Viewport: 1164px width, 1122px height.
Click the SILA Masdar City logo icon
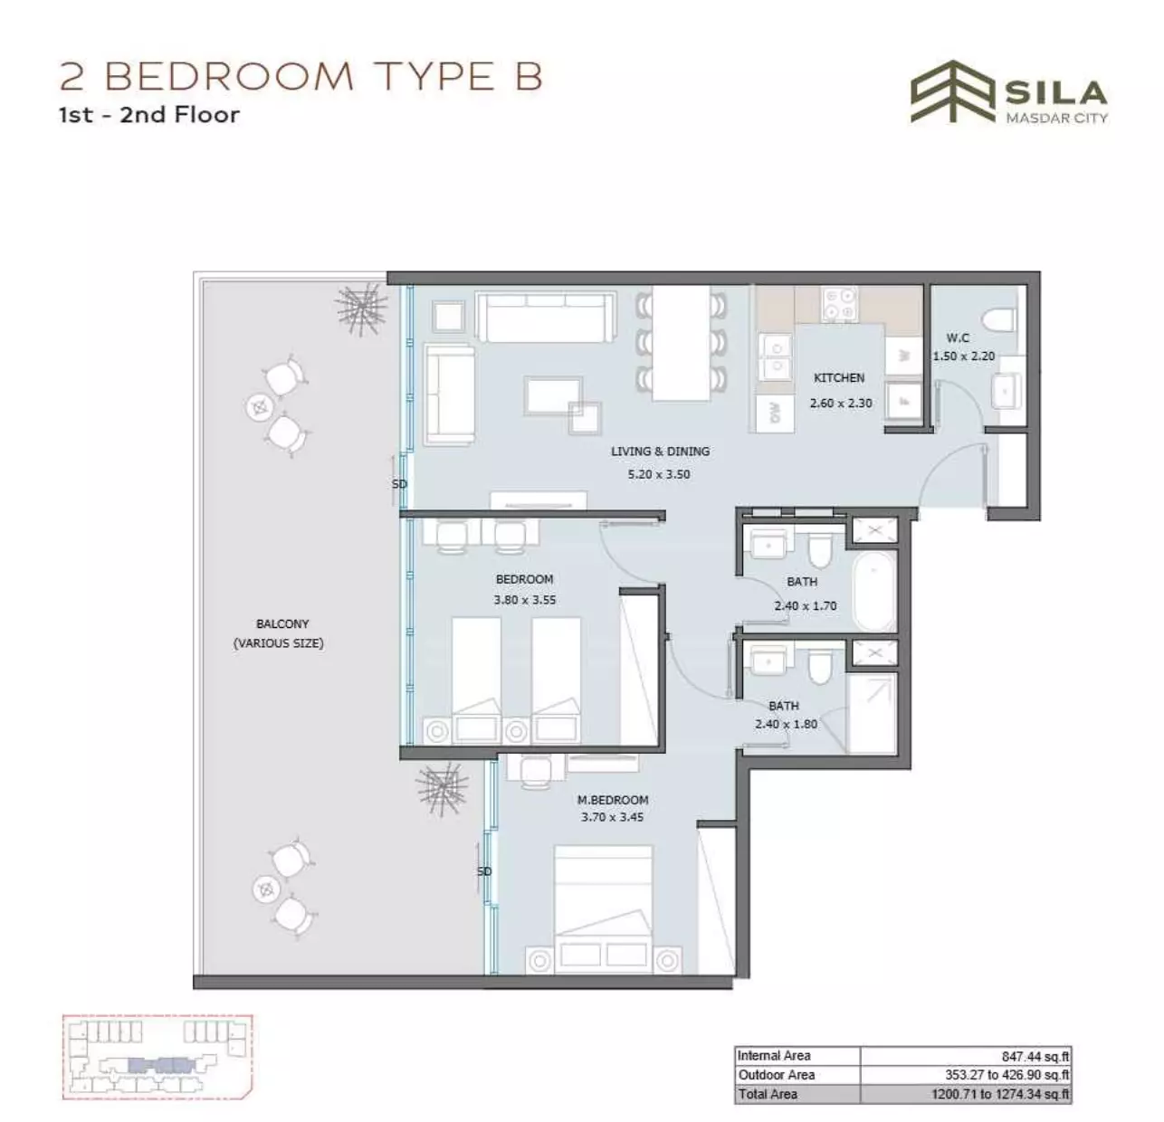[x=952, y=91]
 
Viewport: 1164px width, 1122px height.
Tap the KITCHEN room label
[x=839, y=378]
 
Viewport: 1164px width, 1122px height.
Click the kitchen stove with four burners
[x=839, y=304]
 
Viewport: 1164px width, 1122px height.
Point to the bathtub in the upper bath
[x=873, y=590]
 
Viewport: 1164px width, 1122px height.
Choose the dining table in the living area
[x=681, y=343]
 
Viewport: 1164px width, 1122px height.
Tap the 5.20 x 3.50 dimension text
[x=659, y=474]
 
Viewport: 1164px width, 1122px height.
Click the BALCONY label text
[x=282, y=623]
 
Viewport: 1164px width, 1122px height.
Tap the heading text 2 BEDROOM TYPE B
[x=301, y=77]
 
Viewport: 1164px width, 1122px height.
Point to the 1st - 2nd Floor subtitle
[x=149, y=114]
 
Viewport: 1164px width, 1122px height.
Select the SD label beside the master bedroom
[x=484, y=871]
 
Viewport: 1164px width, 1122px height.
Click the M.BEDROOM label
[x=613, y=800]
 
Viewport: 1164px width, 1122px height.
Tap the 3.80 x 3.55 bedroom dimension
[x=525, y=599]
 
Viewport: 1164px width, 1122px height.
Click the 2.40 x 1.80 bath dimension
[x=786, y=724]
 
